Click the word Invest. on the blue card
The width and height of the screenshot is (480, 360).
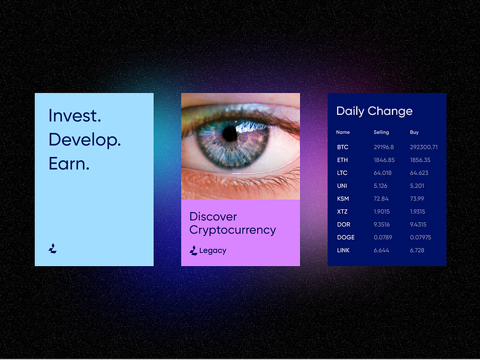[75, 116]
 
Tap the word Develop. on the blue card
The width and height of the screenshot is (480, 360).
[85, 140]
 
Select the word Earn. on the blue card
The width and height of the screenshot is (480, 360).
[69, 163]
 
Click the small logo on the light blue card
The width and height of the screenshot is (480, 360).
[52, 248]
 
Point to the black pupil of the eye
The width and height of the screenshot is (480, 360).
[230, 134]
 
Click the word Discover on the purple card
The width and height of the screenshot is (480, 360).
[213, 216]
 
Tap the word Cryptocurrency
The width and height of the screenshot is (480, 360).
[232, 230]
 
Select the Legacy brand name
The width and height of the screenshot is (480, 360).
[213, 250]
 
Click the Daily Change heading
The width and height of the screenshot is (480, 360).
[375, 111]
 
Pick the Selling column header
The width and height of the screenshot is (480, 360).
[381, 132]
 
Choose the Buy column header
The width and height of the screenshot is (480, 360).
[414, 132]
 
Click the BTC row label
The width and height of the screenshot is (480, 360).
[343, 147]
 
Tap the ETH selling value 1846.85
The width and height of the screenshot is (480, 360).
[384, 160]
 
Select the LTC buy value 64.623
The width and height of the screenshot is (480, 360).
[419, 173]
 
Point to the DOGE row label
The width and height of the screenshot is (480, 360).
[345, 237]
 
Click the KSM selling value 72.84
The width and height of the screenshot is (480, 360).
[381, 199]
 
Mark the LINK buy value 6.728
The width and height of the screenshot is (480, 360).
[417, 250]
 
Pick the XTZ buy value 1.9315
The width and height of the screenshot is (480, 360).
[417, 211]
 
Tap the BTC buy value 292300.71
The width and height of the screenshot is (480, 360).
[424, 147]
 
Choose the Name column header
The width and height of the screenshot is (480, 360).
[343, 132]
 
